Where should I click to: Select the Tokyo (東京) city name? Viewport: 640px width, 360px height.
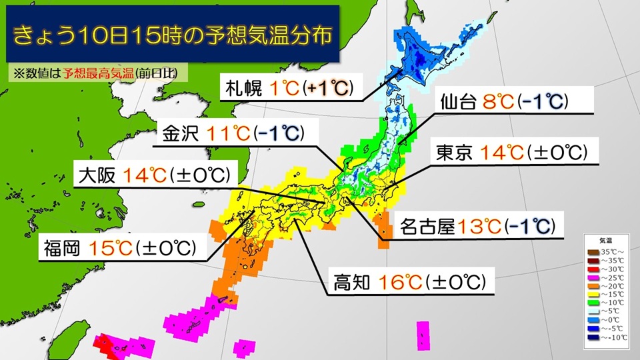(455, 153)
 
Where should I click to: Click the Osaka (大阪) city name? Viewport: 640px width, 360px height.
(97, 176)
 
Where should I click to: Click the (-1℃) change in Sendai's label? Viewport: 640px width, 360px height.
(543, 102)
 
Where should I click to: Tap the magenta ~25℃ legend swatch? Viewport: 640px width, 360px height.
(593, 277)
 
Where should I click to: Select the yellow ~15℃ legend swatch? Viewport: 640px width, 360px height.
(593, 294)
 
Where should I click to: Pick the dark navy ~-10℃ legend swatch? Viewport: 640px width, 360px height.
(593, 337)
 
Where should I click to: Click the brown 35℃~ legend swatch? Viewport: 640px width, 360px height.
(593, 251)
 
